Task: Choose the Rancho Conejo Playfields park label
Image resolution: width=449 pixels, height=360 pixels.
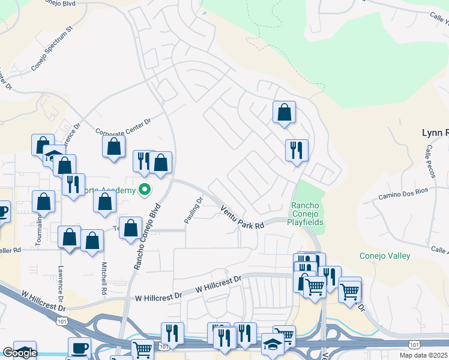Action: click(x=307, y=214)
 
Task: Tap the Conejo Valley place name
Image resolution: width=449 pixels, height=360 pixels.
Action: click(x=385, y=256)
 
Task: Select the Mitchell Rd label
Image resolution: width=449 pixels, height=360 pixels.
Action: click(x=104, y=280)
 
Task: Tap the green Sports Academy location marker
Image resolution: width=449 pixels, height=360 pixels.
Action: click(x=145, y=190)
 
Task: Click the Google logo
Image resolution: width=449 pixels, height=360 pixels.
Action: click(x=20, y=353)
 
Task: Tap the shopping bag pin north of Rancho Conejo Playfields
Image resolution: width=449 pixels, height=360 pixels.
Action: click(x=284, y=112)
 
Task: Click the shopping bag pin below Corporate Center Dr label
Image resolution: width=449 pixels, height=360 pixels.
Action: click(x=113, y=146)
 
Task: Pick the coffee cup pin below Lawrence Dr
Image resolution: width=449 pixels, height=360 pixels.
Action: click(x=79, y=348)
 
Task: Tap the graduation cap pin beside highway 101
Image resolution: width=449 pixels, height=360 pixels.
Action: click(x=273, y=346)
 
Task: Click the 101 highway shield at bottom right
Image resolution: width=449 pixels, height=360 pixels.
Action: click(x=414, y=344)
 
